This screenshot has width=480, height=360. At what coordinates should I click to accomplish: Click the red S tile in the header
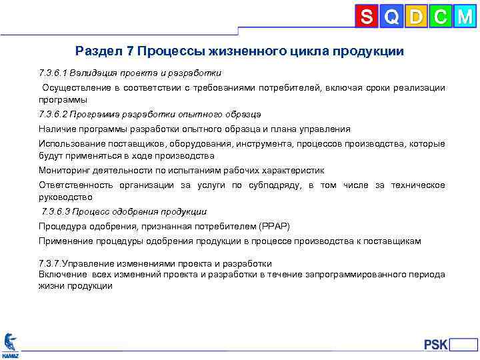(367, 16)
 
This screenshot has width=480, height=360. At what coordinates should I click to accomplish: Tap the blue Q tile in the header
(392, 16)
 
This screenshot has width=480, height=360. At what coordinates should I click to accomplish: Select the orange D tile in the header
(416, 16)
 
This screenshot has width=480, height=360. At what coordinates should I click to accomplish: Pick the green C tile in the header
(440, 16)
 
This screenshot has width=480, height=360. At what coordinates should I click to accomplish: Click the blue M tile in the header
(464, 16)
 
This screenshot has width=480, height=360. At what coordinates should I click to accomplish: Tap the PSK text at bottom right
(436, 345)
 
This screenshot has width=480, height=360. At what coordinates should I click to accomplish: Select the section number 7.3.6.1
(54, 73)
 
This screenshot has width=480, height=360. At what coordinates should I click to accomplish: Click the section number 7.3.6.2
(54, 114)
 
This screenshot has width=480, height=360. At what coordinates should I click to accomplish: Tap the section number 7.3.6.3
(57, 212)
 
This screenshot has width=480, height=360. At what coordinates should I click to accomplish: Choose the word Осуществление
(75, 88)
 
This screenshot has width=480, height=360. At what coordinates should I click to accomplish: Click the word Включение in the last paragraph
(61, 274)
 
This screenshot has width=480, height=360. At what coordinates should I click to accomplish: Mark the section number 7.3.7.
(51, 263)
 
